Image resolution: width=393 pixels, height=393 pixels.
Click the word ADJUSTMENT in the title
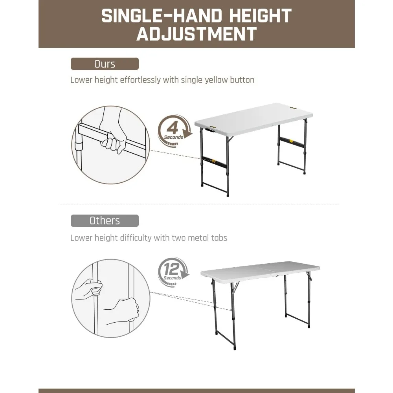(196, 34)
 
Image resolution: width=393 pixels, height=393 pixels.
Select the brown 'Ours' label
(105, 64)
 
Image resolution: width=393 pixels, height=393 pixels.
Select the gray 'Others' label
(105, 220)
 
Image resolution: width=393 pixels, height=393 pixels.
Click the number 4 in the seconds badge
(172, 128)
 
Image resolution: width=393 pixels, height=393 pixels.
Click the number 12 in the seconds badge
(172, 270)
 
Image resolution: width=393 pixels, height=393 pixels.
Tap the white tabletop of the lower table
(259, 269)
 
